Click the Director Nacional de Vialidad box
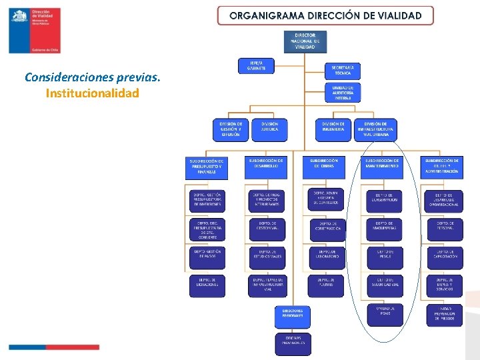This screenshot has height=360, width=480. (x=305, y=41)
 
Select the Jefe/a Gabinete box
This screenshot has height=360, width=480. (x=257, y=65)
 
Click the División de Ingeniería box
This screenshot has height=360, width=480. (x=333, y=129)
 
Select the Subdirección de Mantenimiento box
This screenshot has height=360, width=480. (x=383, y=167)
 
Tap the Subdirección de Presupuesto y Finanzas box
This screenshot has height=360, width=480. (x=207, y=168)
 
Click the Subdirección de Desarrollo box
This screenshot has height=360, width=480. (x=266, y=167)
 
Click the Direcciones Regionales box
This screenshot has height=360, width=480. (x=292, y=315)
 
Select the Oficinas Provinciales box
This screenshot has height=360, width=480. (x=292, y=343)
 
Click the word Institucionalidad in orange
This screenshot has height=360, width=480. (x=92, y=93)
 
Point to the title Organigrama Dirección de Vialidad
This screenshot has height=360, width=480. (x=325, y=15)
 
